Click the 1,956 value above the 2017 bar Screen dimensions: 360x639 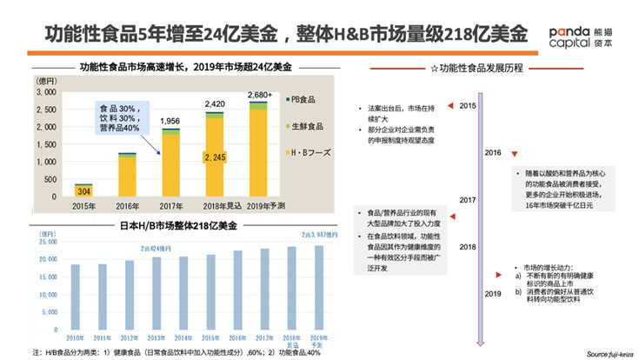[170, 121]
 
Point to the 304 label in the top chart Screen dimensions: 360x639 [83, 190]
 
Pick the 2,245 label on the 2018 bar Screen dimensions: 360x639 [214, 157]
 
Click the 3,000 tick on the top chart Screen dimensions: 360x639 [44, 91]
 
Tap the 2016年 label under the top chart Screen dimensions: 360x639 [127, 207]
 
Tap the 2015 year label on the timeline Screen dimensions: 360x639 [467, 105]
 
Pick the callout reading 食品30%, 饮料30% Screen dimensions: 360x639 [121, 117]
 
